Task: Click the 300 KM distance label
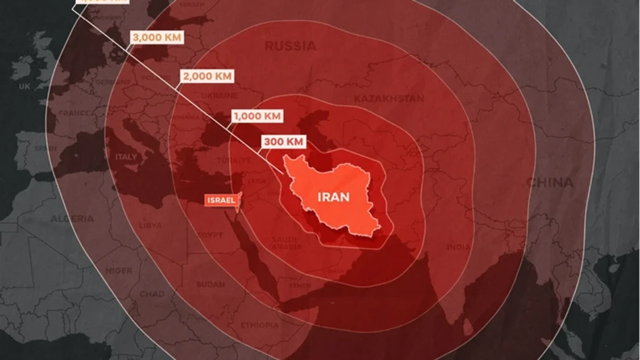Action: click(x=284, y=141)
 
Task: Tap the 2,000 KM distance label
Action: click(x=207, y=77)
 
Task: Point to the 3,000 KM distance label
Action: click(x=157, y=38)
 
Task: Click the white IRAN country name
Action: click(x=334, y=197)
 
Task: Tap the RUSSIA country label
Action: click(x=290, y=46)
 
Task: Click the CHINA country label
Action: click(x=550, y=182)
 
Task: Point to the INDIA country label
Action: click(x=459, y=247)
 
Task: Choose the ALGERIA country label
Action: click(x=72, y=219)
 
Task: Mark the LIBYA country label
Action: click(x=150, y=225)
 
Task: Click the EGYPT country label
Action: click(x=210, y=235)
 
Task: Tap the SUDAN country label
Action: click(x=210, y=284)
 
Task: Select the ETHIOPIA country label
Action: click(x=260, y=325)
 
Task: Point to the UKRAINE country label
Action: click(x=220, y=96)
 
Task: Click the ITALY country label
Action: click(x=126, y=156)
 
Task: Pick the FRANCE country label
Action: click(x=74, y=113)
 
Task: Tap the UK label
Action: click(x=25, y=87)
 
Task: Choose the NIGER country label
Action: click(x=119, y=271)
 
